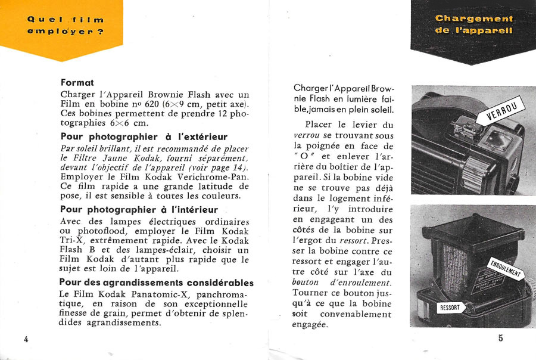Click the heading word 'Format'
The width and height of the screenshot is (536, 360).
tap(77, 83)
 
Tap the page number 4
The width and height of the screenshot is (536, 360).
tap(26, 339)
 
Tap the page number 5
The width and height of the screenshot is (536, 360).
tap(500, 338)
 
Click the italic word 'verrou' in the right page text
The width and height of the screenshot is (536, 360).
tap(307, 135)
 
